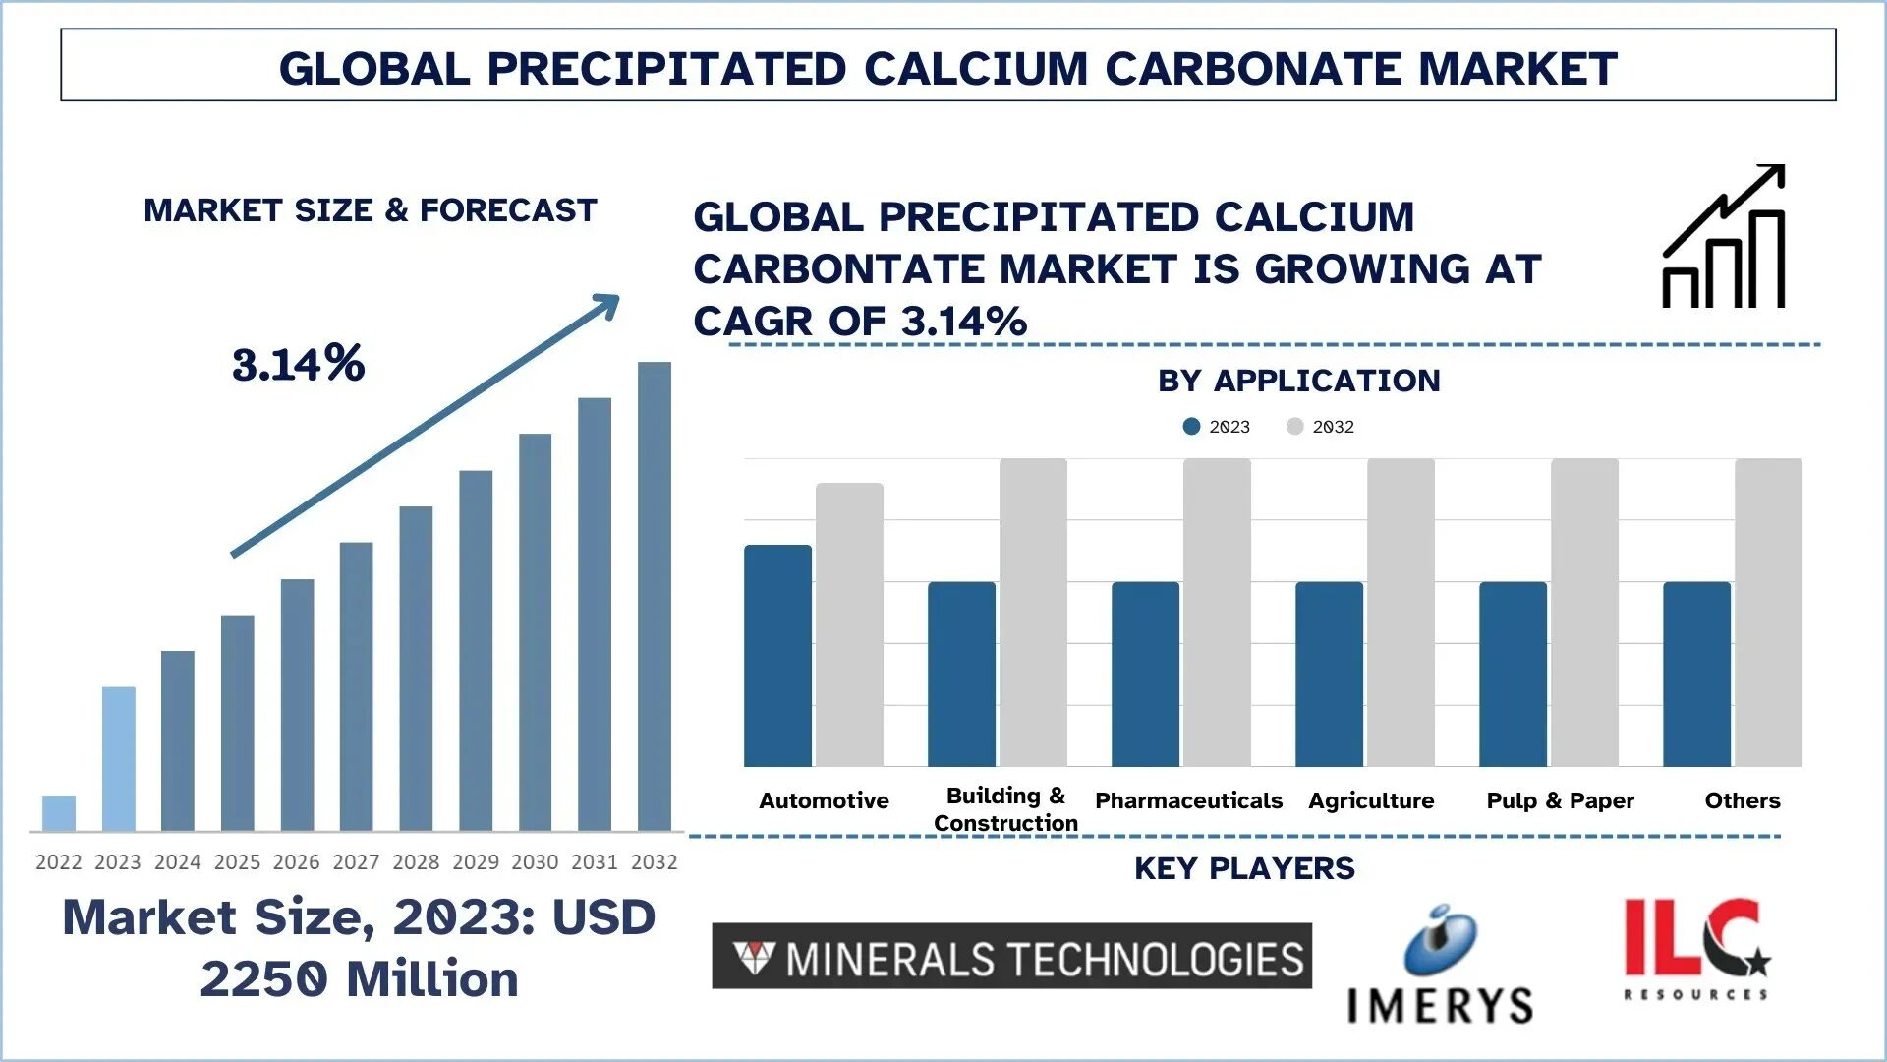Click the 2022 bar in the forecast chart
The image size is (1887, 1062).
[59, 813]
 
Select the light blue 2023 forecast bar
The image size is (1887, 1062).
[118, 759]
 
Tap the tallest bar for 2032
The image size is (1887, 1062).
[655, 596]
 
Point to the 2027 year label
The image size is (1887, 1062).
[356, 862]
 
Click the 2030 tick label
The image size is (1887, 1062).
[535, 862]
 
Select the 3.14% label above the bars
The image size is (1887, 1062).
[299, 364]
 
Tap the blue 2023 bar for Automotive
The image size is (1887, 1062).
[777, 656]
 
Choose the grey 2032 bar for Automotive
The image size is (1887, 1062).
[849, 624]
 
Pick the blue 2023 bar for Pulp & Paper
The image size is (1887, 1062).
[1513, 675]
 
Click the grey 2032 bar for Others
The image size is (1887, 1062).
[1768, 613]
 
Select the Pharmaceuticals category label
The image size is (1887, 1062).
[1188, 800]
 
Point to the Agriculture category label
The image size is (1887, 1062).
[1371, 800]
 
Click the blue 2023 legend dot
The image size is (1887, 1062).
[1191, 426]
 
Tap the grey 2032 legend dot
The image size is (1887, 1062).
[1294, 426]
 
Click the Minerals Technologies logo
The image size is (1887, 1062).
[1011, 956]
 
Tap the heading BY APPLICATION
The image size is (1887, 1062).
[1298, 381]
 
